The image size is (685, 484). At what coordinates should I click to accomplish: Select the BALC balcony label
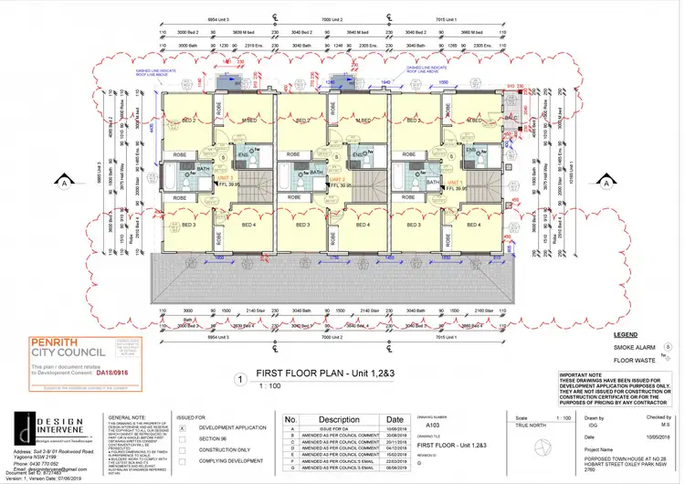[x=510, y=121]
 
